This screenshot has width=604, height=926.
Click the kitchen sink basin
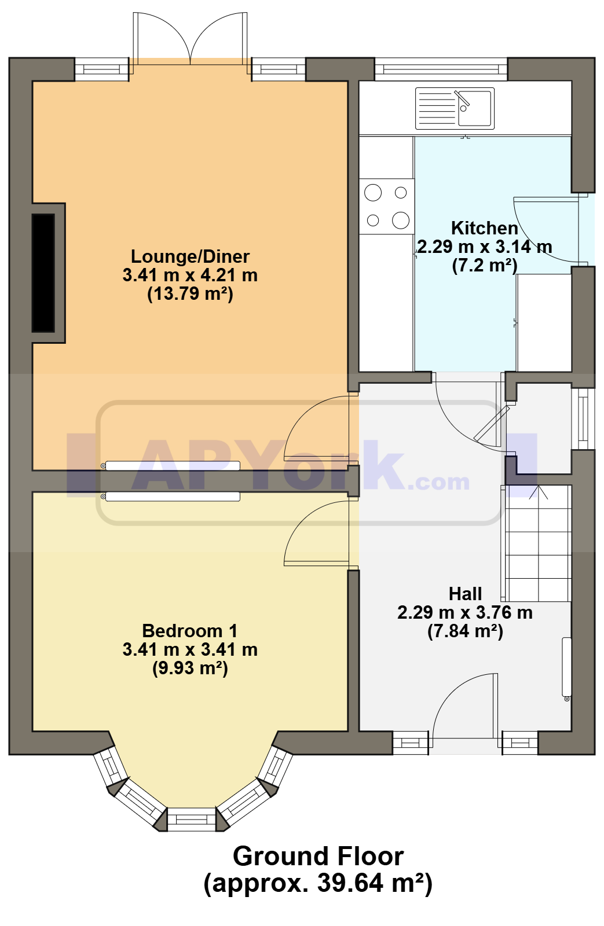(474, 108)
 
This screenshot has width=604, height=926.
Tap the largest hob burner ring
(401, 220)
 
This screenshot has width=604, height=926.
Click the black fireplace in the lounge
(43, 273)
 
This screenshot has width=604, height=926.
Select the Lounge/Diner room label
(191, 256)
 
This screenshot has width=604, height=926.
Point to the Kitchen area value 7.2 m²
(485, 265)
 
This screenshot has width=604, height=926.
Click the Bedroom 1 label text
(190, 631)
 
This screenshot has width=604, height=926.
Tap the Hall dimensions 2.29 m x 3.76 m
(465, 612)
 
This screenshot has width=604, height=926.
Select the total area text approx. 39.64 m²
(318, 883)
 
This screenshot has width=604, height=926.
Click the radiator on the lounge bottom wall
(171, 465)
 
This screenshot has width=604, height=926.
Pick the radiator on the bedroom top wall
(171, 496)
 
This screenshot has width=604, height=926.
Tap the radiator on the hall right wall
(566, 669)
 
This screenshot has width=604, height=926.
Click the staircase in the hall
(537, 543)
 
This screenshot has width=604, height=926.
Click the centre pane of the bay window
(192, 819)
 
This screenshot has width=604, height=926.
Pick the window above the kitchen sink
(441, 69)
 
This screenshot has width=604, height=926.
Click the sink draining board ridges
(437, 108)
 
